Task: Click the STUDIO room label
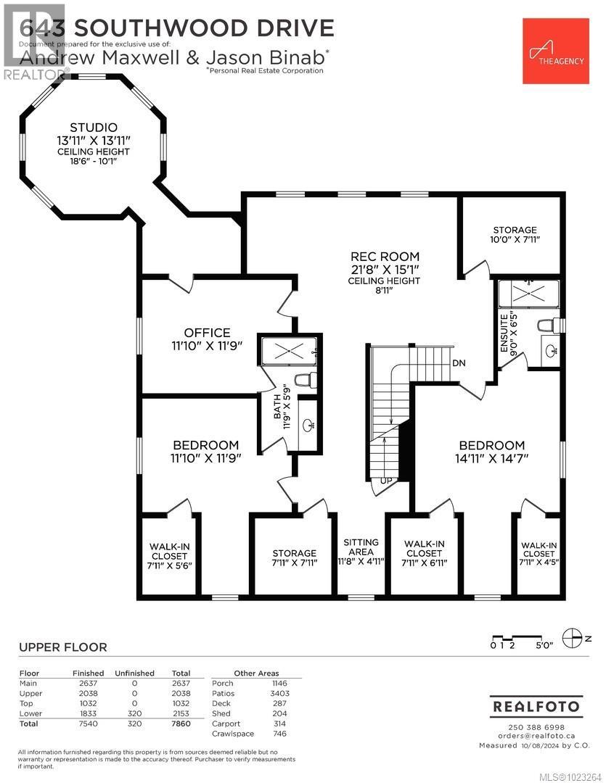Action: coord(94,128)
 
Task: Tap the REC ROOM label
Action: coord(385,256)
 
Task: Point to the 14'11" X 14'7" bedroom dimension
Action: coord(491,458)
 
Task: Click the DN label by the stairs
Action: coord(459,362)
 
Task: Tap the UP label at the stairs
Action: coord(386,481)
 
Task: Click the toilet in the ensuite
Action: coord(546,326)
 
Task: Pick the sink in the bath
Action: coord(308,425)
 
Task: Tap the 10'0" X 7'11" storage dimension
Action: coord(515,239)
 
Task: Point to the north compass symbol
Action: coord(573,637)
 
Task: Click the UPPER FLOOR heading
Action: coord(62,647)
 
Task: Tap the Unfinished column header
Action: coord(134,673)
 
